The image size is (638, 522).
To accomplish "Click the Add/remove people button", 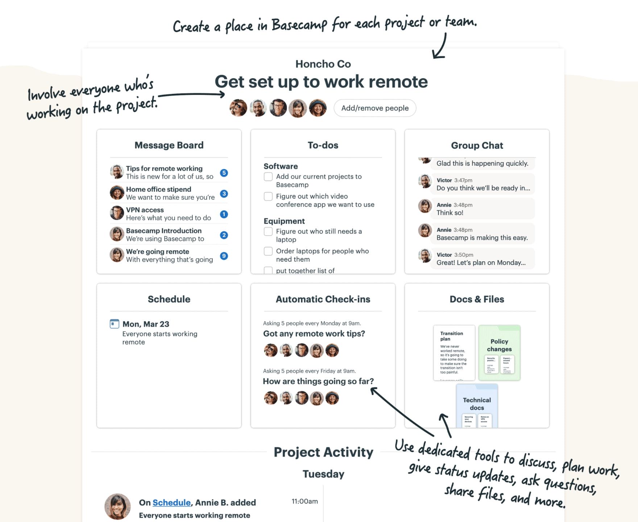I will point(375,108).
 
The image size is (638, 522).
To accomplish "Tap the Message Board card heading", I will point(169,145).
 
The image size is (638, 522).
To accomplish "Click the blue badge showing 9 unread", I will point(224,256).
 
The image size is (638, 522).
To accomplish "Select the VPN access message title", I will point(145,210).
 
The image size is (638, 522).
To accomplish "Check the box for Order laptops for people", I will point(268,251).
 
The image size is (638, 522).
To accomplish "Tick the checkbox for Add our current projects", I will point(268,177).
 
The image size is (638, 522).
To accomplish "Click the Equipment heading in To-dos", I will point(284,221).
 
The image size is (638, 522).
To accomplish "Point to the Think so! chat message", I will point(450,213).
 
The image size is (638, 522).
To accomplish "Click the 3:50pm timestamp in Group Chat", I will point(464,255).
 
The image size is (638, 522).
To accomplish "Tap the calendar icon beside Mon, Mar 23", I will point(115,324).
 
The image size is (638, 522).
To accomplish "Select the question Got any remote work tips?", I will point(314,333).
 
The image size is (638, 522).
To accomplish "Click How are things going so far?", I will point(318,381).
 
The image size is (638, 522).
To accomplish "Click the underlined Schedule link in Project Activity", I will point(171,502).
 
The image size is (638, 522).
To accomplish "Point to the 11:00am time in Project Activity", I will point(304,501).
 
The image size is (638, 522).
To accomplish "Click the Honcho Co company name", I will point(323,64).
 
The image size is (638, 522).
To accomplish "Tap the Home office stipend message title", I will point(158,189).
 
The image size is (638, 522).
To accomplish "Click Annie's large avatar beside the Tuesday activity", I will point(117,506).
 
